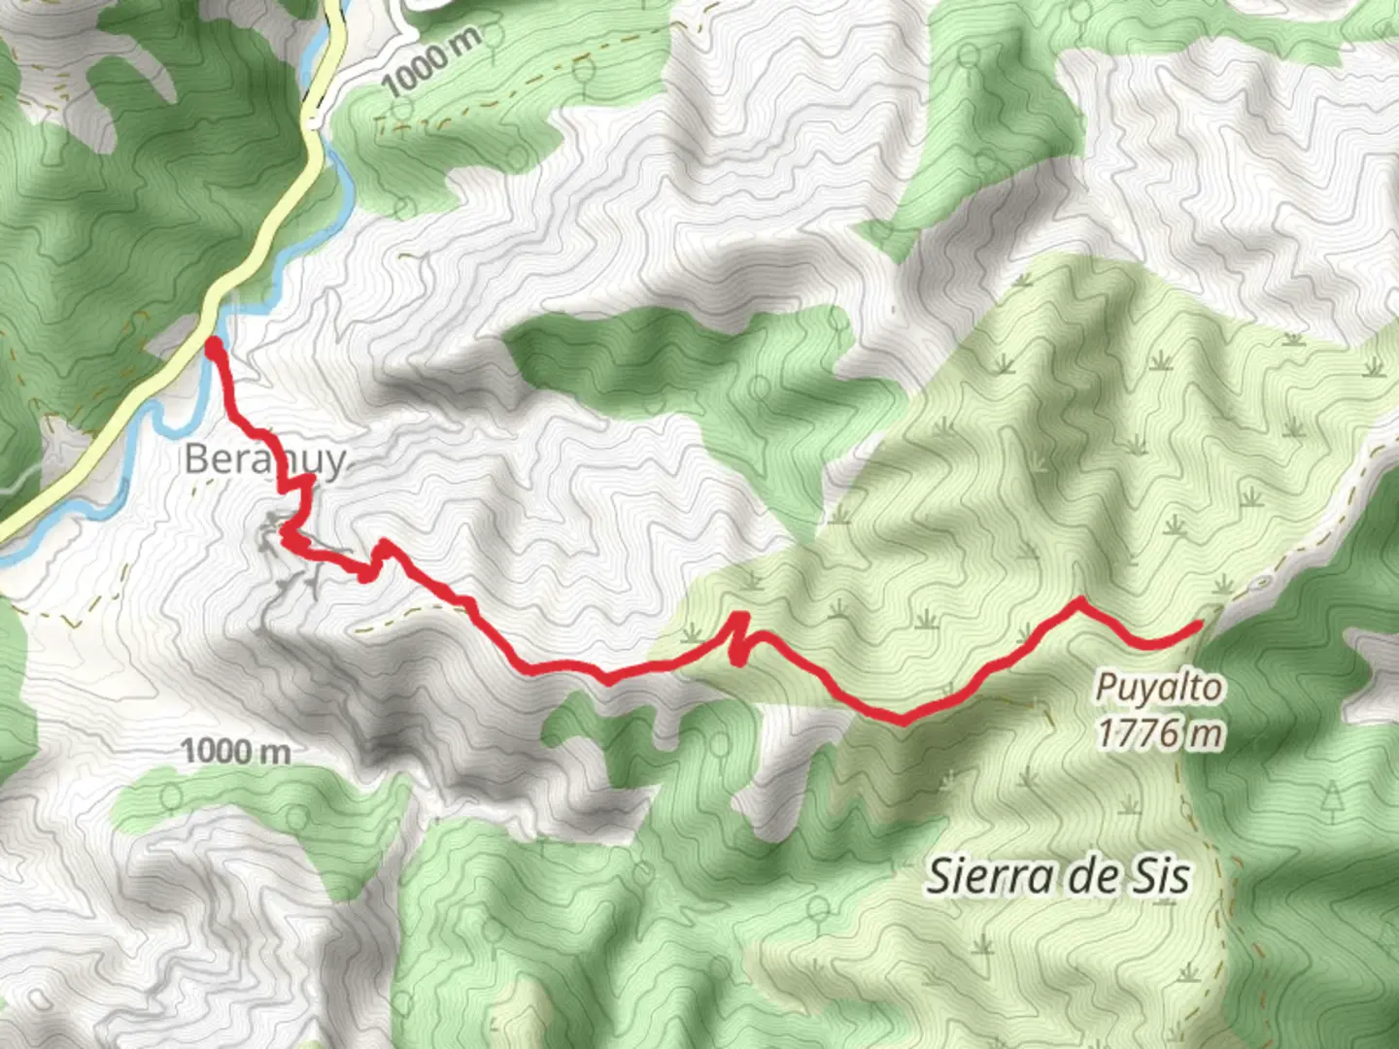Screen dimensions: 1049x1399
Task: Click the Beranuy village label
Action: pyautogui.click(x=264, y=459)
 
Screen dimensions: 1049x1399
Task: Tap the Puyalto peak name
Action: pyautogui.click(x=1158, y=688)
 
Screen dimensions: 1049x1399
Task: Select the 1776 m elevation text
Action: pyautogui.click(x=1160, y=732)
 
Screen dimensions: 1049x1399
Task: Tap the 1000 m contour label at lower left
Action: pyautogui.click(x=235, y=751)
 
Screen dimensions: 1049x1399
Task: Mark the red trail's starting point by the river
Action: pyautogui.click(x=213, y=343)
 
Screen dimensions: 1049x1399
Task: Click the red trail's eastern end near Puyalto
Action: pyautogui.click(x=1201, y=625)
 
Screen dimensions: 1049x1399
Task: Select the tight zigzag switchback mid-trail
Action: pyautogui.click(x=740, y=637)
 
